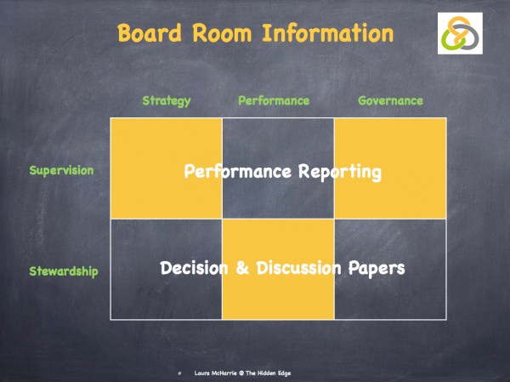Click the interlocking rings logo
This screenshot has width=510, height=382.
click(x=459, y=33)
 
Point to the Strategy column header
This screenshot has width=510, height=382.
click(x=167, y=100)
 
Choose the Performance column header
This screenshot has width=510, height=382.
click(x=274, y=100)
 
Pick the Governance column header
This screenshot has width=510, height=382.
click(x=390, y=100)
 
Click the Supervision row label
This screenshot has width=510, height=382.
click(x=61, y=170)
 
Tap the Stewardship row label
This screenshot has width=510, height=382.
click(x=64, y=271)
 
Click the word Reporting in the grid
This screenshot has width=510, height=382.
click(x=340, y=172)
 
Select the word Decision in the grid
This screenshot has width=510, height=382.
click(x=195, y=268)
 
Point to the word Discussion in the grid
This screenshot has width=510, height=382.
click(x=300, y=268)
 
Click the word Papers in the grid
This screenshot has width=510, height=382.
click(x=377, y=268)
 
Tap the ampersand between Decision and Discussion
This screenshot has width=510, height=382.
click(x=242, y=268)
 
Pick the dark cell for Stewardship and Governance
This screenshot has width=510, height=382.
click(x=390, y=298)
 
